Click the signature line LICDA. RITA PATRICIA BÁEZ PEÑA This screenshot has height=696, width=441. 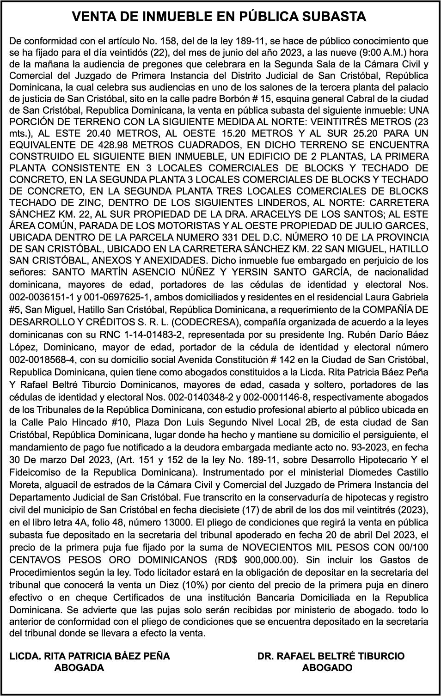(x=90, y=656)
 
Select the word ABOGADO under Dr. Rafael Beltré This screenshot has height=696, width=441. (x=327, y=668)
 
